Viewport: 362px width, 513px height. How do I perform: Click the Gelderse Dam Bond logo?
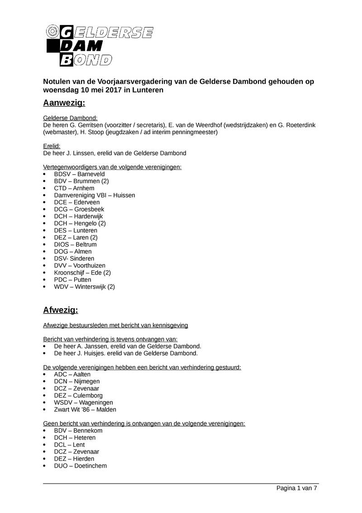point(100,45)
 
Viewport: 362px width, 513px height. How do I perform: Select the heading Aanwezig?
point(64,103)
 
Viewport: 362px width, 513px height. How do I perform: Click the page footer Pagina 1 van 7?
point(297,488)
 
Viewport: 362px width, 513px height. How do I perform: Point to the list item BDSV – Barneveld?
point(79,174)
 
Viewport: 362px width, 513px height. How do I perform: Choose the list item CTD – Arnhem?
point(74,188)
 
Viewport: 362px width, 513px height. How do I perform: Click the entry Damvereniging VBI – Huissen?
point(94,195)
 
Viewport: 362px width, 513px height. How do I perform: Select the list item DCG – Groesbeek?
point(79,209)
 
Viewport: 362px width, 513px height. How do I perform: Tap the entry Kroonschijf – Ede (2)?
point(82,272)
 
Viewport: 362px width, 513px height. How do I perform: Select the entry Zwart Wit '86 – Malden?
point(85,409)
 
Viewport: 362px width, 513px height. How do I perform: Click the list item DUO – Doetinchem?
point(80,465)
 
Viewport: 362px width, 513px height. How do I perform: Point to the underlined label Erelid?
point(52,146)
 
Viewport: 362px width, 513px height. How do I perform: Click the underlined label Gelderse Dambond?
point(70,118)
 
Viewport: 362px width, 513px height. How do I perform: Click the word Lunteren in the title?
point(148,90)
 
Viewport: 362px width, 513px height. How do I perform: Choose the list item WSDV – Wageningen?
point(83,402)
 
